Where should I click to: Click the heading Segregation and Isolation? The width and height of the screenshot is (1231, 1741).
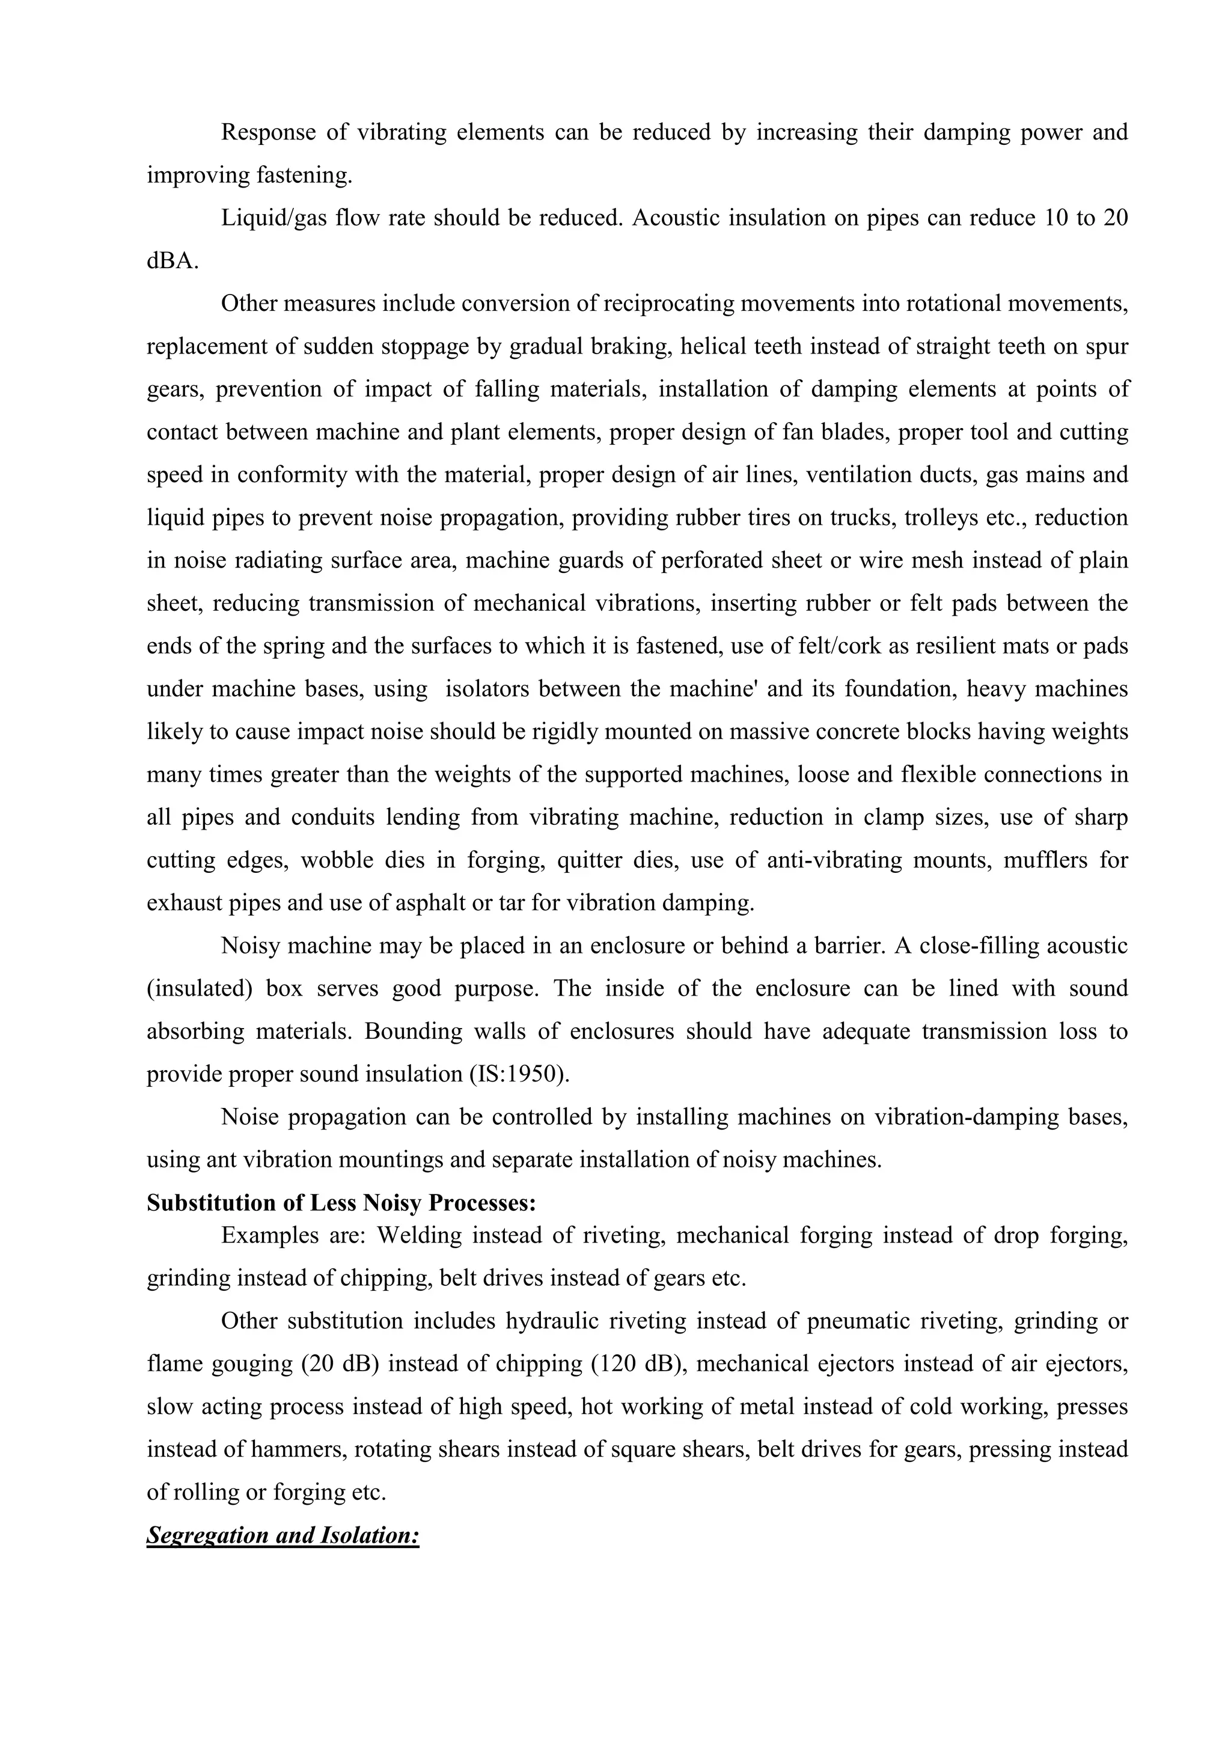tap(283, 1535)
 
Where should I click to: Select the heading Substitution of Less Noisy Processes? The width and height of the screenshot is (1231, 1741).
tap(341, 1204)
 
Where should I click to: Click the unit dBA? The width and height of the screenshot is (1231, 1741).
tap(172, 262)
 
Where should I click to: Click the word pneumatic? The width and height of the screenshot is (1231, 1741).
tap(857, 1321)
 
